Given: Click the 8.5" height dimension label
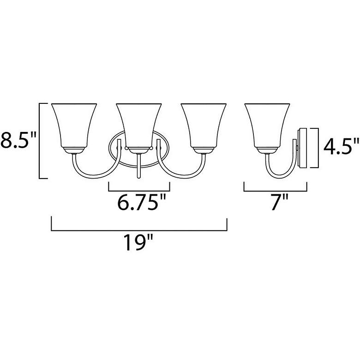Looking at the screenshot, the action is (18, 140).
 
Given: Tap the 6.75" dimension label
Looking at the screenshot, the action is (141, 202).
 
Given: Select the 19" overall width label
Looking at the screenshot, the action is (138, 242).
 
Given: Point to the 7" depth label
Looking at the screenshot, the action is (279, 202).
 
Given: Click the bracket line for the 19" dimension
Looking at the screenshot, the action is (139, 230).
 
